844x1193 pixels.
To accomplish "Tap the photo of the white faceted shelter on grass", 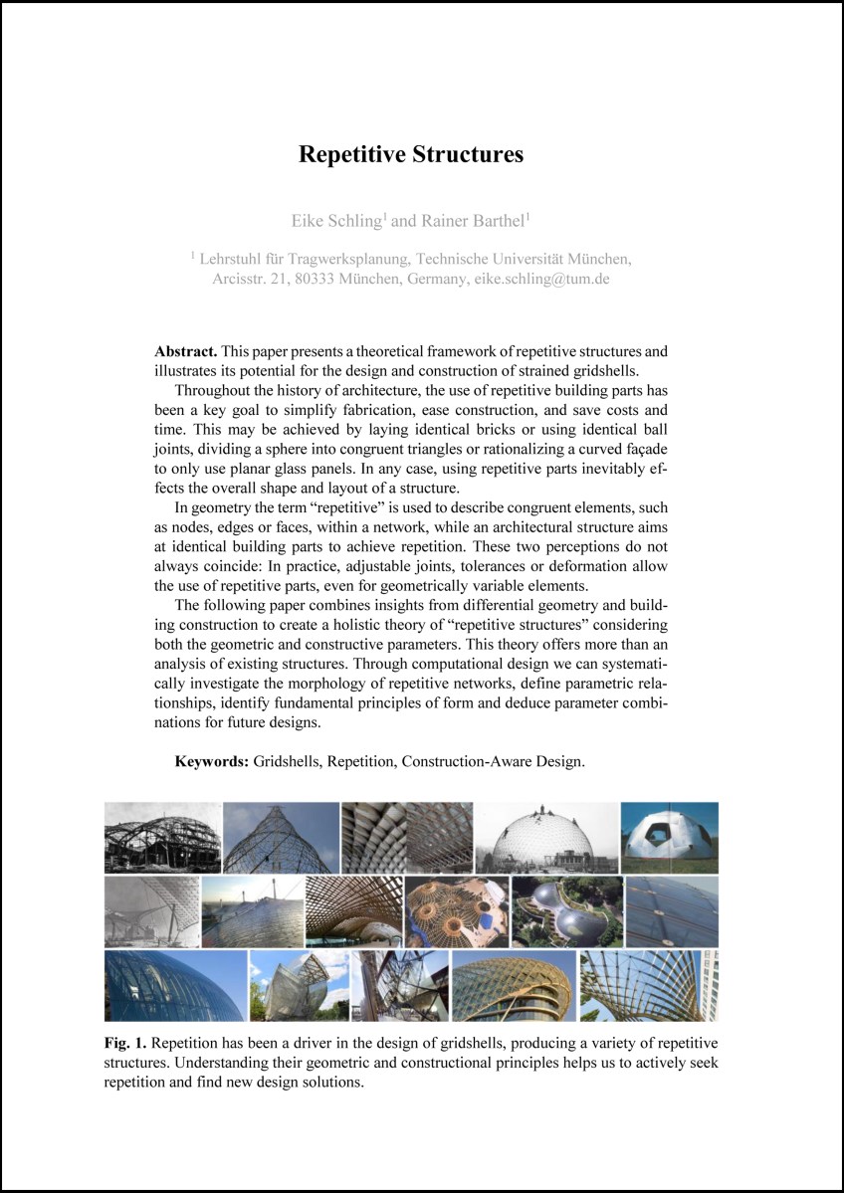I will (x=669, y=837).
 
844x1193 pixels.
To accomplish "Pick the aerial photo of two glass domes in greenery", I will (x=565, y=910).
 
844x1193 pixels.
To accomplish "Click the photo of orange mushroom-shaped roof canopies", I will (x=456, y=910).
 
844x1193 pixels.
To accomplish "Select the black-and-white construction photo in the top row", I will (x=162, y=837).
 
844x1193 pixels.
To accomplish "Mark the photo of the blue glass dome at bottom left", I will (x=174, y=985).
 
